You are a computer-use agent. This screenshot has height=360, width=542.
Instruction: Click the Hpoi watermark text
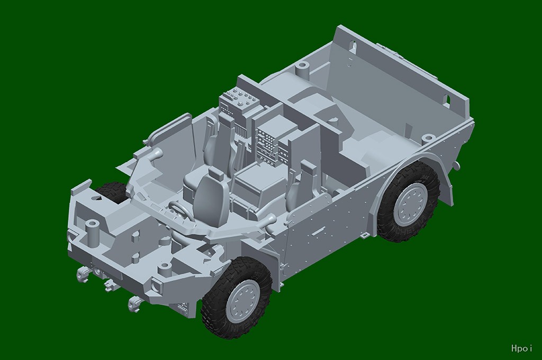(521, 348)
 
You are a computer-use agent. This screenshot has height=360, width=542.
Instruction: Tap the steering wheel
(180, 210)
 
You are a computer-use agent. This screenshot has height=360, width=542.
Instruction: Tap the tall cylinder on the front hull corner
(92, 232)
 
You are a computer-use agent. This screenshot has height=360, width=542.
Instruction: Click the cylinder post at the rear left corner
(302, 69)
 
